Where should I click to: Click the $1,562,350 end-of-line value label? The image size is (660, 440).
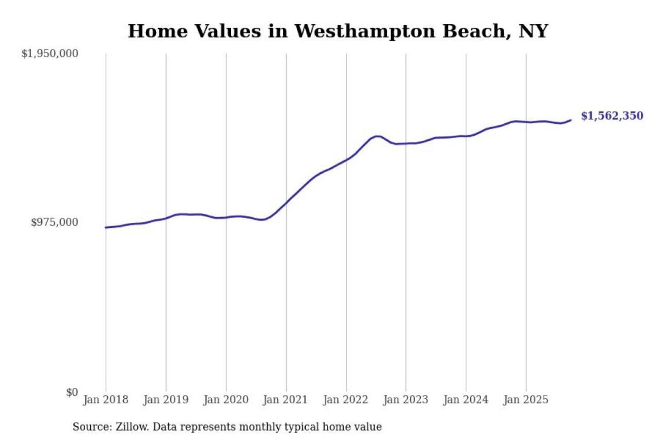click(612, 116)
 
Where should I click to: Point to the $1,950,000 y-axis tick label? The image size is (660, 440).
click(50, 54)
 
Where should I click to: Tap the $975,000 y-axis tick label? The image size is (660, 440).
click(55, 222)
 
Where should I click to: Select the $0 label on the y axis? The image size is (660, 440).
click(72, 392)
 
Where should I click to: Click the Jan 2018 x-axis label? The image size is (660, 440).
click(106, 400)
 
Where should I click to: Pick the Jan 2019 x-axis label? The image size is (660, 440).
click(166, 400)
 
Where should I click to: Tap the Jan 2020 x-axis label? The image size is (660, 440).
click(226, 400)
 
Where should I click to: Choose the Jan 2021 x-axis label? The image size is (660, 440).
click(285, 400)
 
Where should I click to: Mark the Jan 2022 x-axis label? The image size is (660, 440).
click(346, 400)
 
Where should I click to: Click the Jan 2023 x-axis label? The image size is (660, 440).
click(406, 400)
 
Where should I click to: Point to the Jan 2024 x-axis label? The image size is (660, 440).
click(466, 400)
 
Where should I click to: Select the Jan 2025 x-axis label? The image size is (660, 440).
click(526, 400)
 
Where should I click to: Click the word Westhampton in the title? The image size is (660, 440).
click(364, 32)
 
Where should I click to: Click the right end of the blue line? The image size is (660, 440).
click(571, 120)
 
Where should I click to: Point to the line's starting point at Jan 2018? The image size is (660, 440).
click(106, 227)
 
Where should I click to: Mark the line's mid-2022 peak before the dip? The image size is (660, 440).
click(377, 136)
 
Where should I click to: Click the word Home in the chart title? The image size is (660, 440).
click(158, 32)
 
